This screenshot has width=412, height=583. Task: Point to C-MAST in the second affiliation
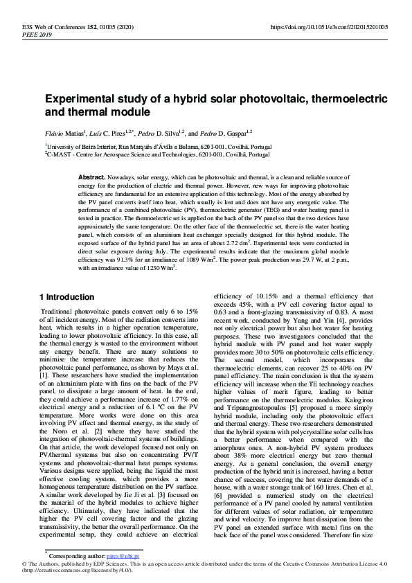(x=62, y=156)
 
